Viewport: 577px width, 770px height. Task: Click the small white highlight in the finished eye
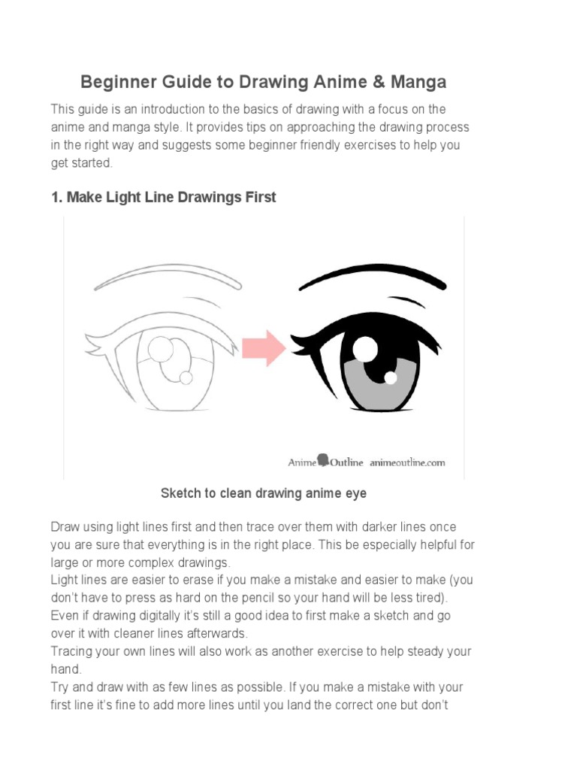[x=391, y=376]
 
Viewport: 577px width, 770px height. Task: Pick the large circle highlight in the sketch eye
[x=162, y=350]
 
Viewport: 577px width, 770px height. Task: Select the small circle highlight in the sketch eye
[x=186, y=377]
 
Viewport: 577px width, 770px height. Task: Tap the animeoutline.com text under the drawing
[x=406, y=462]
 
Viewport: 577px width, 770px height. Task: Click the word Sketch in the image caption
[x=180, y=493]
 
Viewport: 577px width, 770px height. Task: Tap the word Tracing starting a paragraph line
[x=74, y=650]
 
